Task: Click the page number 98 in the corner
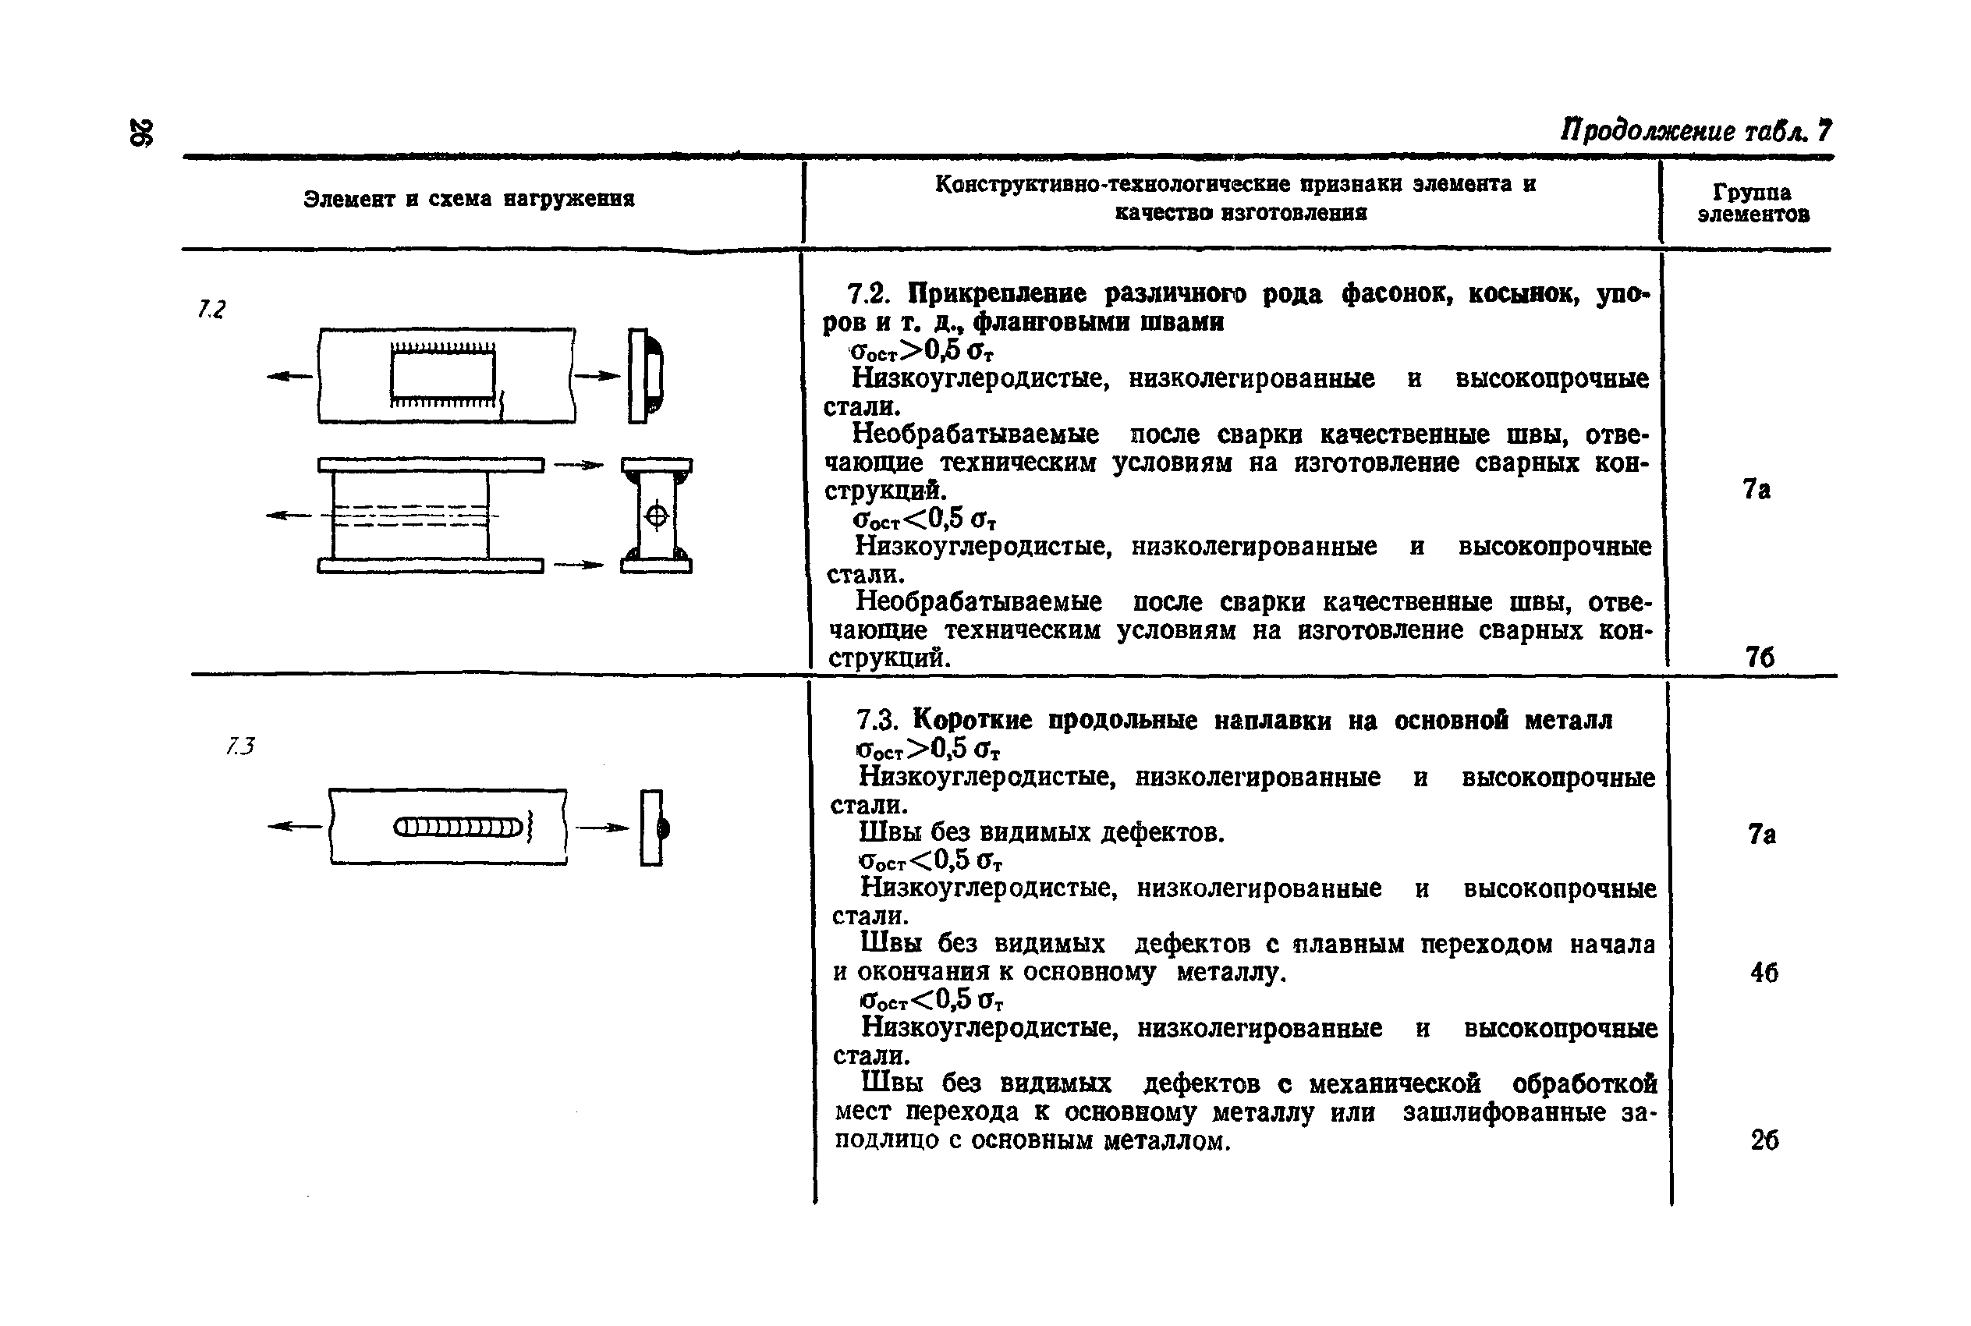click(141, 133)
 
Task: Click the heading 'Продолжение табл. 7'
click(1695, 131)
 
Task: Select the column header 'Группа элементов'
click(1752, 204)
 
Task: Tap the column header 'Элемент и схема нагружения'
click(469, 200)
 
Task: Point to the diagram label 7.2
click(211, 310)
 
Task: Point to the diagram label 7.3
click(240, 746)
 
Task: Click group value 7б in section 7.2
click(1760, 657)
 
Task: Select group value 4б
click(1764, 973)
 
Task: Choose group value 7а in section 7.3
click(1762, 835)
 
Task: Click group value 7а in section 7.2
click(1757, 490)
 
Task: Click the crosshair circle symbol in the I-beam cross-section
click(656, 515)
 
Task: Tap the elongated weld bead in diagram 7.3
click(457, 827)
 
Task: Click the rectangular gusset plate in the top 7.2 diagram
click(442, 374)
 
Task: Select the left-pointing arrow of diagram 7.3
click(294, 827)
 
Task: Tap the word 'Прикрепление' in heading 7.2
click(998, 293)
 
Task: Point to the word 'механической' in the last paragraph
click(1395, 1084)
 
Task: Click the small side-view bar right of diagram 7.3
click(651, 827)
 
